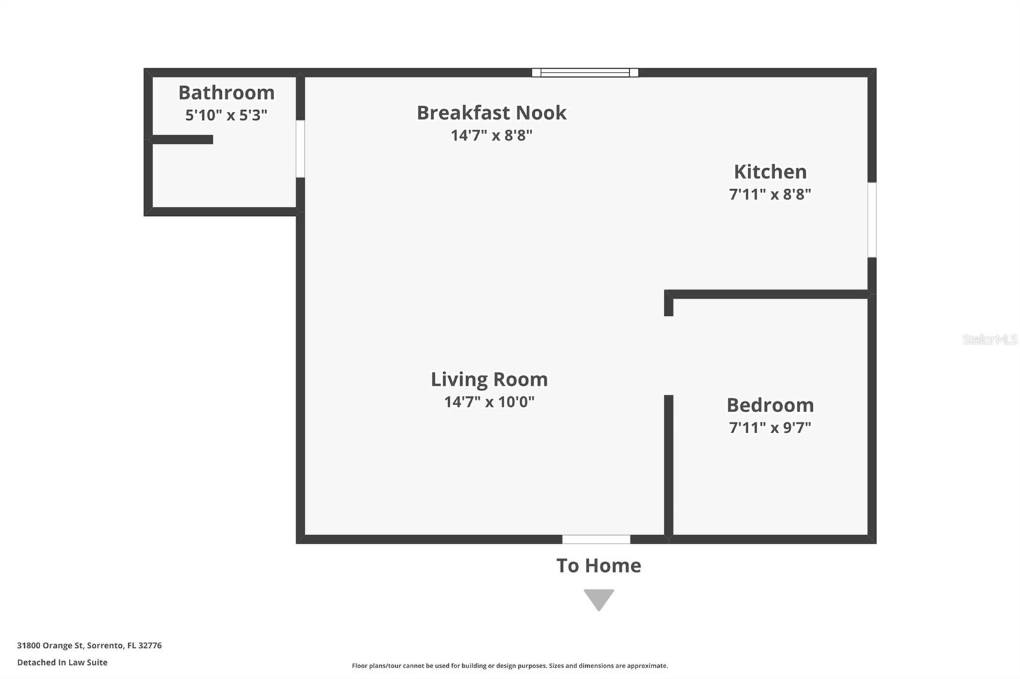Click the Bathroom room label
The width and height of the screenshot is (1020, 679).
click(x=226, y=92)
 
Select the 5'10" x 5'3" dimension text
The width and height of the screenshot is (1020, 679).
click(x=226, y=115)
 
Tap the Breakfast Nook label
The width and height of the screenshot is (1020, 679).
click(x=492, y=113)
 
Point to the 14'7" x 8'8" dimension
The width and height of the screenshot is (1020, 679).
click(x=492, y=135)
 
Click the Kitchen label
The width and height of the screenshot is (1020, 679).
click(x=770, y=171)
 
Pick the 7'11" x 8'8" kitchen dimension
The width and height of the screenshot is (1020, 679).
click(x=770, y=194)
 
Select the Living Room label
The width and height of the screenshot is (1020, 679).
click(x=489, y=379)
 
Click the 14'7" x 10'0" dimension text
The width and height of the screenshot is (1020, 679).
click(x=489, y=402)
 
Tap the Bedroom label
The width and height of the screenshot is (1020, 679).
click(x=770, y=404)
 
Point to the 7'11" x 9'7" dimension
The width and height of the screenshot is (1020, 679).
click(x=770, y=427)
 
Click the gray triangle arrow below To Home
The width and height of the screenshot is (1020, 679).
click(x=599, y=599)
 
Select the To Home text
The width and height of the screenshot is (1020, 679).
click(x=599, y=566)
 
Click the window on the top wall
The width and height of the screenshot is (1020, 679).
click(x=585, y=73)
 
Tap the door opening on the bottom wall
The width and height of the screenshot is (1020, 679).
click(x=596, y=540)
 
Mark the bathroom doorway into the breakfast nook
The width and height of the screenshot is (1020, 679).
click(x=300, y=149)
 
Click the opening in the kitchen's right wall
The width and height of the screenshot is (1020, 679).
click(x=872, y=220)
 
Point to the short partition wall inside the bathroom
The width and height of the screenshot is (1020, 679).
click(x=182, y=139)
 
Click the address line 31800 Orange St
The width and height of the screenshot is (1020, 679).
click(x=89, y=645)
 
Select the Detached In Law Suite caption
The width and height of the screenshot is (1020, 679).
click(x=62, y=662)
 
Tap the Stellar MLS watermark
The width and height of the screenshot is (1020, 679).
click(x=989, y=339)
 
